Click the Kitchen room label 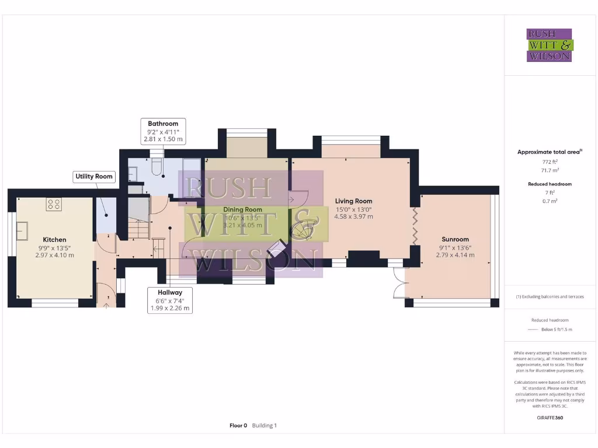coord(54,239)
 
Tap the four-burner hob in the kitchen coord(54,204)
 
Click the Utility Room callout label coord(93,176)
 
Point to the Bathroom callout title coord(163,124)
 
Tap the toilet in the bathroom coord(155,167)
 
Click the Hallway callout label coord(169,292)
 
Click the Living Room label coord(353,201)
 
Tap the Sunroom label coord(455,239)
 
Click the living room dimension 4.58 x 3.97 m coord(353,216)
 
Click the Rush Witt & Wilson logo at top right coord(550,45)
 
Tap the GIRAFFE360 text coord(549,418)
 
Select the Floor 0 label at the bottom coord(238,425)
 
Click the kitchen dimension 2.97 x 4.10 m coord(54,255)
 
